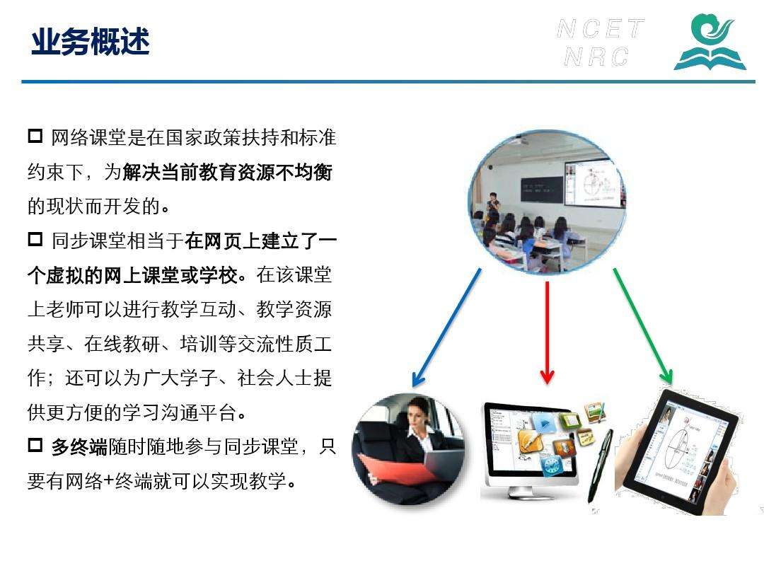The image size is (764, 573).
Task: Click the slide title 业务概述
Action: pos(90,41)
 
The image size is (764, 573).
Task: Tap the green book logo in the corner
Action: pos(710,42)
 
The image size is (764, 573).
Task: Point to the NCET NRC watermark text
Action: pos(600,42)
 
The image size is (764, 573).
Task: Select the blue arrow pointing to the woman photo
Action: pos(447,328)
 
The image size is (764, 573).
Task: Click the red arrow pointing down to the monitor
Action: pos(547,332)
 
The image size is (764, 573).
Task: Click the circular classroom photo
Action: pos(547,202)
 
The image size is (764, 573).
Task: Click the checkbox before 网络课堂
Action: pos(35,136)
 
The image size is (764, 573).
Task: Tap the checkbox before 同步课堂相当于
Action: pos(35,239)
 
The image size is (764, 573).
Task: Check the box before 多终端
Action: pos(35,446)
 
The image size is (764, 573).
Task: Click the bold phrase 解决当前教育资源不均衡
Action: pos(228,172)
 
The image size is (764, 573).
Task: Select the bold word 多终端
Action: pos(79,446)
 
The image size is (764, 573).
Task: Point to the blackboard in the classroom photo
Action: pos(542,190)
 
